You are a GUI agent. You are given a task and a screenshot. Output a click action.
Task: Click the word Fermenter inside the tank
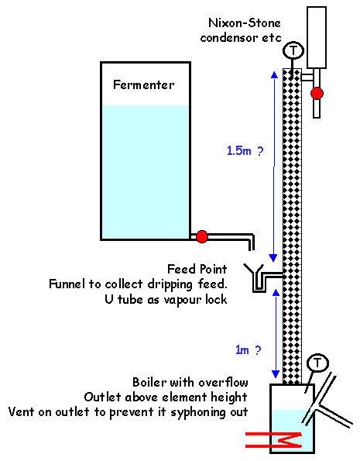144,85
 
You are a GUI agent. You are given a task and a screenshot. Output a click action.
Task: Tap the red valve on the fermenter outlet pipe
202,236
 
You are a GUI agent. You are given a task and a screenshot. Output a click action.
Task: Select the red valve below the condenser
317,94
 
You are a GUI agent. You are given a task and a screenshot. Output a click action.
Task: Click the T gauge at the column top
293,50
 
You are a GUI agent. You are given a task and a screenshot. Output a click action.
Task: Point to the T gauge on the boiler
317,363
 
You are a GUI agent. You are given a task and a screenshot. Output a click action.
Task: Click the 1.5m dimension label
239,151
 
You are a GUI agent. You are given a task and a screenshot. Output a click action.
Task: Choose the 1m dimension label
242,350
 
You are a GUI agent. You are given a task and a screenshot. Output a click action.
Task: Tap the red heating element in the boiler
274,440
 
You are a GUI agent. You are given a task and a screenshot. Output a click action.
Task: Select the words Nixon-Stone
245,23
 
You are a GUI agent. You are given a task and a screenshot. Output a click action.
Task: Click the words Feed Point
197,269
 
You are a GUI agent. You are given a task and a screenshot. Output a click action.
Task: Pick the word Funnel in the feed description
67,284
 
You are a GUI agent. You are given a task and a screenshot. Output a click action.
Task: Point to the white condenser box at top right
317,37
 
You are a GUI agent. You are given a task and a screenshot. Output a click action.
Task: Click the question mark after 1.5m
260,151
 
